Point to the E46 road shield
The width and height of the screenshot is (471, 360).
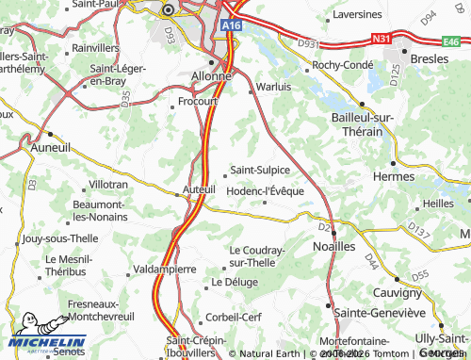[456, 41]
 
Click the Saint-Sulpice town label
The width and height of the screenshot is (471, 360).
[261, 170]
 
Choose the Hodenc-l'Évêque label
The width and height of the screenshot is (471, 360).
[266, 190]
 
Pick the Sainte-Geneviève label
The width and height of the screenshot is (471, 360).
[380, 312]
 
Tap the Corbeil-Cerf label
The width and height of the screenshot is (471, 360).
[235, 319]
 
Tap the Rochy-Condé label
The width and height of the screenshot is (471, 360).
[344, 64]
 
